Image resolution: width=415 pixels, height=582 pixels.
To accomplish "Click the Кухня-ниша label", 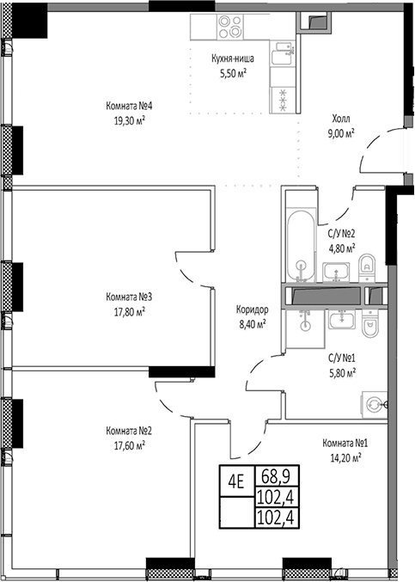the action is coord(233,58).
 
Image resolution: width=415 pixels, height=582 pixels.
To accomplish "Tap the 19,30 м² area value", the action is coord(129,120).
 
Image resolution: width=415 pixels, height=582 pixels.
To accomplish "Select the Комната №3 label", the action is coord(129,297).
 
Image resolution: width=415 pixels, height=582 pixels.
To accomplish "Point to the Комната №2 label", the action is coord(129,431).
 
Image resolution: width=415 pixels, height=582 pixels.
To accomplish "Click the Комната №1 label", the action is coord(345,444).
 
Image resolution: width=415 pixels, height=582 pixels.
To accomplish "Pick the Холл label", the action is coord(341,119).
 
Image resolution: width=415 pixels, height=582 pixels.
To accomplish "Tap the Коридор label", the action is coord(253,309).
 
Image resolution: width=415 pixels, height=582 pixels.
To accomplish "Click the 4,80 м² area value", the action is coord(342,248).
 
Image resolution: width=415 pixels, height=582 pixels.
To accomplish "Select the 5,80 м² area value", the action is coord(342,372).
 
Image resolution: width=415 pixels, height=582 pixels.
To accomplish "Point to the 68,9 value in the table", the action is coord(276,476).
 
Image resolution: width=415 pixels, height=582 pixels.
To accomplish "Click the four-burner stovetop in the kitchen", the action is coord(230,27).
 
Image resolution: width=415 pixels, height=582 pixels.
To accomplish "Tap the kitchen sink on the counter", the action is coord(284,53).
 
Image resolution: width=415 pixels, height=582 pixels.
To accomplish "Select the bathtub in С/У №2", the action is coord(301,247).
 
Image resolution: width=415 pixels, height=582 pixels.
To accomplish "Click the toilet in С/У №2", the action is coord(367,266).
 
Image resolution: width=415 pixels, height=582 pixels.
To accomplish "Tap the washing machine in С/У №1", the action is coord(374,404).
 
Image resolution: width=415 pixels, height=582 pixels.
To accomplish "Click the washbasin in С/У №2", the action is coord(336,272).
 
